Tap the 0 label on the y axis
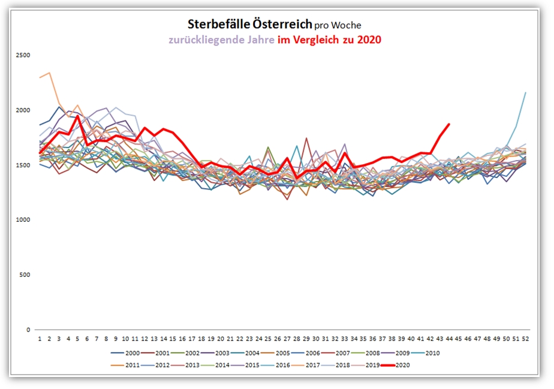click(28, 330)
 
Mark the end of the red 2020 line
click(449, 124)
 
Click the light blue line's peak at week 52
click(525, 92)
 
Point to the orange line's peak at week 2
click(49, 73)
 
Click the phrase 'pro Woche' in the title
click(338, 25)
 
